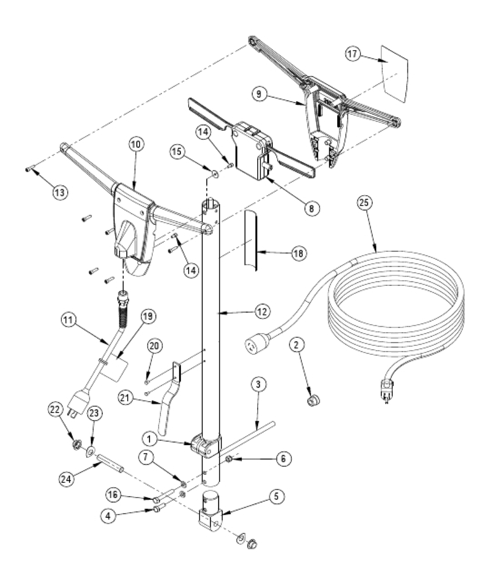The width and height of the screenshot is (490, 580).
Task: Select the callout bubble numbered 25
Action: [x=364, y=203]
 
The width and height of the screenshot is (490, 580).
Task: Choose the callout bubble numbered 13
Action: [x=60, y=192]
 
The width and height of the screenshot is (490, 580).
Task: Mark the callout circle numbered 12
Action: [x=262, y=312]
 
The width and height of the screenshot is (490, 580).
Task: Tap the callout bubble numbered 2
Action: [x=297, y=345]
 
